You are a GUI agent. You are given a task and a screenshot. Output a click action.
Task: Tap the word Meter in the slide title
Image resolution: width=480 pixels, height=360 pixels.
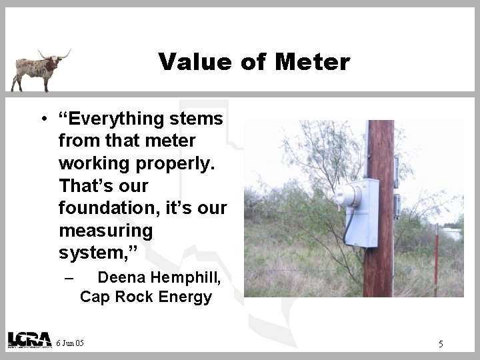(x=311, y=62)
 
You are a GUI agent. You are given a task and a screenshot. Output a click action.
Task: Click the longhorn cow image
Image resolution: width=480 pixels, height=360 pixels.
(x=39, y=69)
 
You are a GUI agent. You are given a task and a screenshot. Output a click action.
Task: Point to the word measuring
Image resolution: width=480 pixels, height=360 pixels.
(x=105, y=232)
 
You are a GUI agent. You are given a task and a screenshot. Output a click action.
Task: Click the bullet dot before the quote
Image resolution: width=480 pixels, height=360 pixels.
(x=42, y=120)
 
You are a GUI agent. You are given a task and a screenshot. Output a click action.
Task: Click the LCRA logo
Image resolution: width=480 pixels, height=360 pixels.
(x=29, y=339)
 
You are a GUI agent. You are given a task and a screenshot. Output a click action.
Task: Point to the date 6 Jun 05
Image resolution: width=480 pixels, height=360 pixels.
(x=71, y=343)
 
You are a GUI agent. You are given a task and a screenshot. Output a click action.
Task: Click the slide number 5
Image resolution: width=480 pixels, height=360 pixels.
(x=441, y=344)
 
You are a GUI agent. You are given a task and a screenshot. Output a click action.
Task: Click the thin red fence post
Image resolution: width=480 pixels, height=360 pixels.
(x=436, y=260)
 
